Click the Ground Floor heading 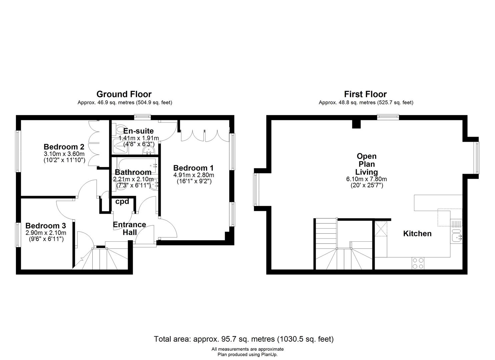pyautogui.click(x=124, y=94)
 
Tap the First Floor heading pyautogui.click(x=365, y=94)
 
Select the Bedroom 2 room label pyautogui.click(x=64, y=147)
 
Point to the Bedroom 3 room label pyautogui.click(x=46, y=226)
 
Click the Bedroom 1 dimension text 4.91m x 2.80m pyautogui.click(x=194, y=175)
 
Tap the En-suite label pyautogui.click(x=138, y=131)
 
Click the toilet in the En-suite pyautogui.click(x=117, y=129)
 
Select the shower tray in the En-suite pyautogui.click(x=120, y=146)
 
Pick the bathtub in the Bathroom pyautogui.click(x=137, y=165)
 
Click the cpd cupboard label pyautogui.click(x=122, y=202)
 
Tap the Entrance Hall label pyautogui.click(x=129, y=229)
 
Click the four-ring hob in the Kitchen pyautogui.click(x=418, y=263)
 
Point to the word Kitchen pyautogui.click(x=417, y=234)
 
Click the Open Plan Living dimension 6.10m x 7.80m pyautogui.click(x=367, y=179)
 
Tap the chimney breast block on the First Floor pyautogui.click(x=356, y=124)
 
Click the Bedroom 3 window pyautogui.click(x=18, y=235)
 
